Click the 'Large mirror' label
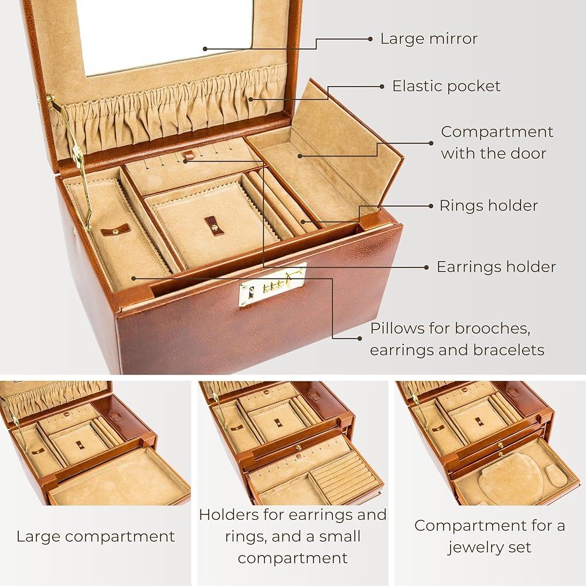(x=429, y=39)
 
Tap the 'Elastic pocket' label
(x=447, y=86)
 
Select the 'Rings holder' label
(x=489, y=206)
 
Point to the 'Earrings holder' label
(x=496, y=267)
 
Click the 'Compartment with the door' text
(x=496, y=142)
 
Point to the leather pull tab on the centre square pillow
(x=214, y=225)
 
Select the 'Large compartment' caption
(x=96, y=536)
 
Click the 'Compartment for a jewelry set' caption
(x=490, y=536)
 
